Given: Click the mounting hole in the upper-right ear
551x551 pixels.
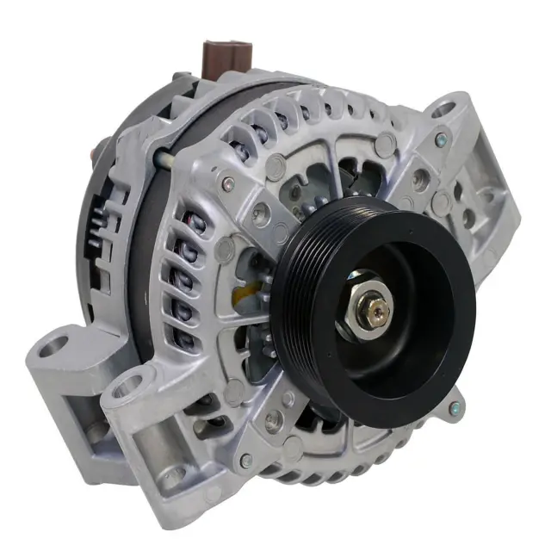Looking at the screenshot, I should (x=444, y=111).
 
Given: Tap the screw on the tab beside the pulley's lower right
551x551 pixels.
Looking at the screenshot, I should (x=455, y=406).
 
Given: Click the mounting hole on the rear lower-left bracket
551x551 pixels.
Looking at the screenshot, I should (x=53, y=348).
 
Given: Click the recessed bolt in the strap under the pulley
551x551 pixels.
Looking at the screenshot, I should (x=274, y=421).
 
